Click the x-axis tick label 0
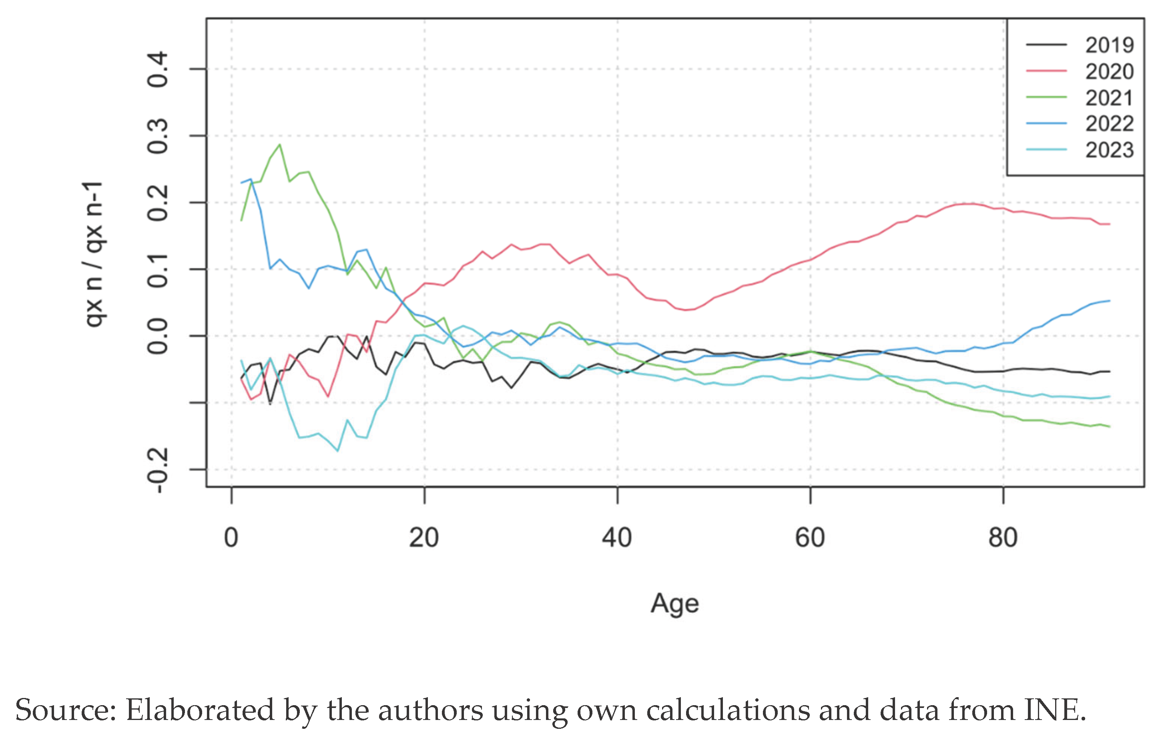(x=231, y=537)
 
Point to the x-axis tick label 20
(x=424, y=537)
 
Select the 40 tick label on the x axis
(x=617, y=537)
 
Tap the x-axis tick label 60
(x=810, y=537)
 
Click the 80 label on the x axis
(x=1003, y=537)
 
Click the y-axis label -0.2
(x=158, y=470)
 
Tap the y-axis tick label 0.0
(x=158, y=336)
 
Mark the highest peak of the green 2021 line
(x=280, y=145)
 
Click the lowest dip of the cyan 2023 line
(x=338, y=450)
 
